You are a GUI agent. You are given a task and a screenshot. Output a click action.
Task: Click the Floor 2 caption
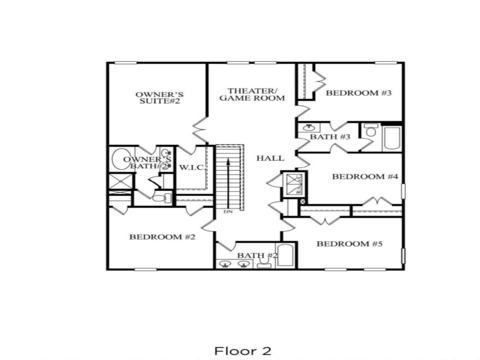(243, 350)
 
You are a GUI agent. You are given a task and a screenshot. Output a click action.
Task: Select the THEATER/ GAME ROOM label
(252, 94)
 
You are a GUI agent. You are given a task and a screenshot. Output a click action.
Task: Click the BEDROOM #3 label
(358, 93)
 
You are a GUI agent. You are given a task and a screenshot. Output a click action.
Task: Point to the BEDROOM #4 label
(365, 176)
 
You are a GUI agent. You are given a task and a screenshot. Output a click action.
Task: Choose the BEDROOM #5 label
(349, 244)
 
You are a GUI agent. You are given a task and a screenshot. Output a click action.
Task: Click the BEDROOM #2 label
(162, 236)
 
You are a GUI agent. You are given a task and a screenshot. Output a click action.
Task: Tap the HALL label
(270, 158)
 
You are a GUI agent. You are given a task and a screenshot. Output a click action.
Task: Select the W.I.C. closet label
(191, 167)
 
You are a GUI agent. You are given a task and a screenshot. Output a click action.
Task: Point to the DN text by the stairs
(228, 212)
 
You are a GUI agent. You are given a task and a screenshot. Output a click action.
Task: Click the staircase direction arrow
(228, 180)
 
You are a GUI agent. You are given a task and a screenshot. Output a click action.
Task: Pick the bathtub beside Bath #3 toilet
(392, 138)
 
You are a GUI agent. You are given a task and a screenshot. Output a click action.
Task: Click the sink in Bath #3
(308, 128)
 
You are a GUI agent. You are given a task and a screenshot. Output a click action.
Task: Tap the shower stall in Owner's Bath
(121, 181)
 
